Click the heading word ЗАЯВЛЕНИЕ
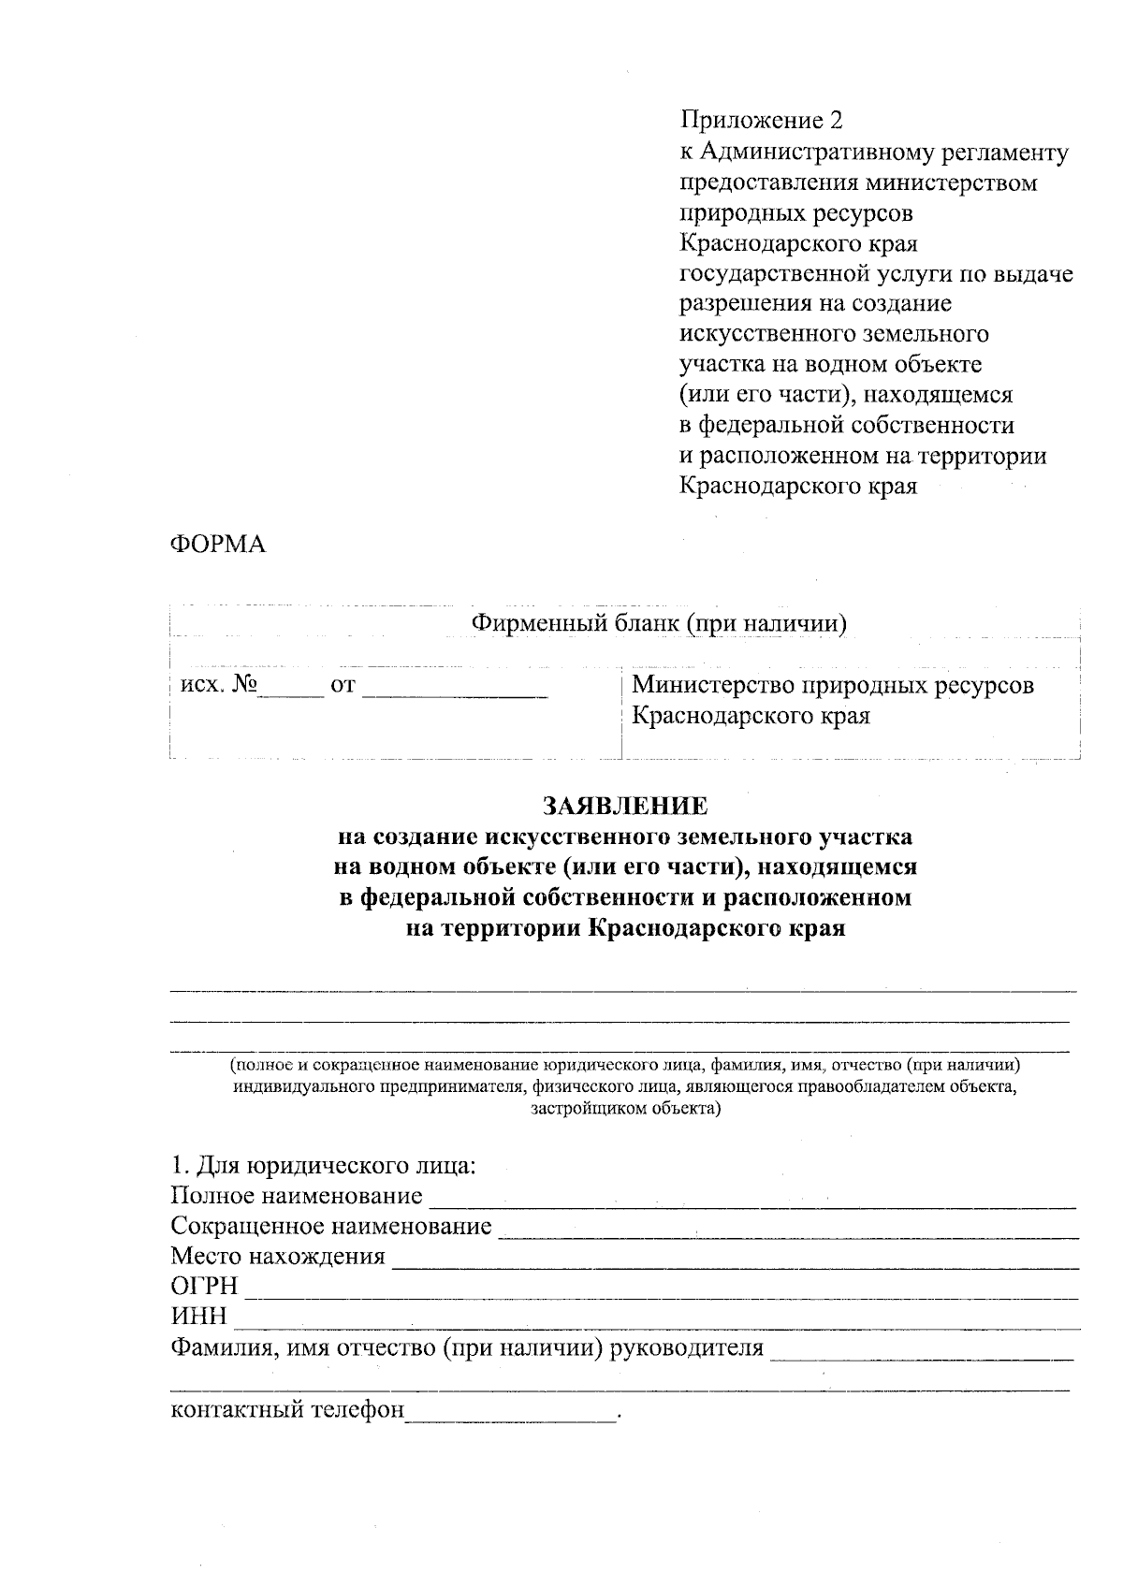point(624,806)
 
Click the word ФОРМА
point(217,545)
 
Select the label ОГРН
point(204,1287)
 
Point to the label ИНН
point(198,1318)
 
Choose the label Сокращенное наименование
point(331,1227)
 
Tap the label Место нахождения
point(278,1257)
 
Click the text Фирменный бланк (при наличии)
point(659,623)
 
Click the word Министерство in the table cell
point(710,686)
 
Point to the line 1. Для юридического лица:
point(324,1166)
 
